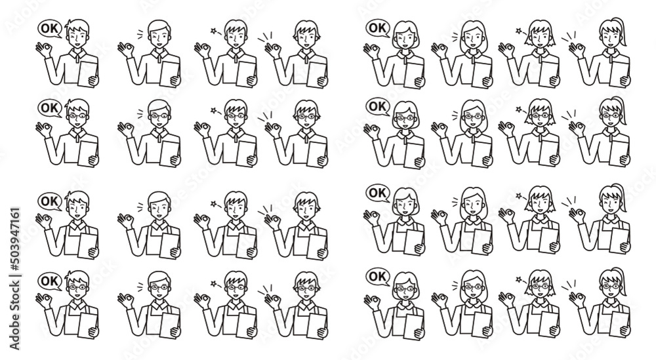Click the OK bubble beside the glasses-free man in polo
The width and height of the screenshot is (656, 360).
point(50,29)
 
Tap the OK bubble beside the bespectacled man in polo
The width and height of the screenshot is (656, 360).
point(50,108)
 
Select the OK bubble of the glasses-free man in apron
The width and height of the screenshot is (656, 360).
point(50,201)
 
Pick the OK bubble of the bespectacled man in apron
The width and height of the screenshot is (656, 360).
point(50,281)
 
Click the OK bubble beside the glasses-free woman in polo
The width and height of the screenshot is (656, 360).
point(378,28)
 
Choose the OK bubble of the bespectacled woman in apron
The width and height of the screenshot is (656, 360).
point(378,276)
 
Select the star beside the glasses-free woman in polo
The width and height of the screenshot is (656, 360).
point(519,31)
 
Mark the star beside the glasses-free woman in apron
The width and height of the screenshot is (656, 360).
point(519,195)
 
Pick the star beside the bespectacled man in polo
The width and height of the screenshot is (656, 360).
point(214,110)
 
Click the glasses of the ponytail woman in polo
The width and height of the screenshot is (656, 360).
point(611,115)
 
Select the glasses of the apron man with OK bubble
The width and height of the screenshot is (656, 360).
point(78,287)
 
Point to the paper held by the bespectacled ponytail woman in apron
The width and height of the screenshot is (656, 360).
point(619,320)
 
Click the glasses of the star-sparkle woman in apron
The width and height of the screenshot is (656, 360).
point(539,287)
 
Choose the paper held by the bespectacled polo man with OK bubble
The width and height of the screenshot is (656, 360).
point(89,152)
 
